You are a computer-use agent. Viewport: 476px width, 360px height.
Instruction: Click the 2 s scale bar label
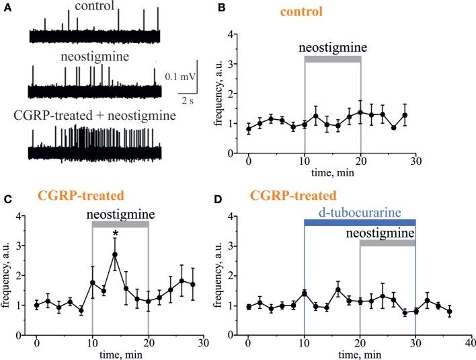coord(188,101)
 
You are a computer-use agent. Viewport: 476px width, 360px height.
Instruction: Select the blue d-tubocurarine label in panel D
coord(360,213)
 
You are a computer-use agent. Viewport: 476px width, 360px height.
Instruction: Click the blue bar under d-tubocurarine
coord(360,222)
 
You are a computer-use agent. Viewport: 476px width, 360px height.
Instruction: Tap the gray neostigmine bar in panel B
coord(333,59)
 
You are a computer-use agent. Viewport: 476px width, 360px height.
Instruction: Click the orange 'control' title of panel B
coord(303,12)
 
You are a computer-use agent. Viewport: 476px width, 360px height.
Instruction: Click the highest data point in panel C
coord(115,254)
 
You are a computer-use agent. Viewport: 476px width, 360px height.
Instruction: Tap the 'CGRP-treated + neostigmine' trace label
coord(95,116)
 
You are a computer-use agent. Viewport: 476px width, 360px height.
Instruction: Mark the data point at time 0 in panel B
coord(248,129)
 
